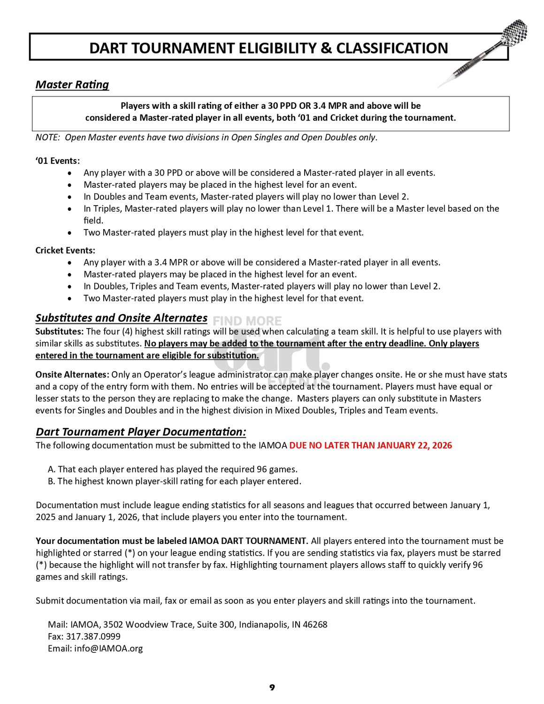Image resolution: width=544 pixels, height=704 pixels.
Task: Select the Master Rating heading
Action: point(72,84)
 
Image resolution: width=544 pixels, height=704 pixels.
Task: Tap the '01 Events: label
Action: point(57,161)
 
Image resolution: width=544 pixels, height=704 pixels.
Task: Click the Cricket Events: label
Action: point(65,250)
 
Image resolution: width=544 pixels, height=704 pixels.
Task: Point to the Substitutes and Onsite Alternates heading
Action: point(121,318)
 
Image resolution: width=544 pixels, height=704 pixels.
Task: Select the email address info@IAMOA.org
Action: point(108,648)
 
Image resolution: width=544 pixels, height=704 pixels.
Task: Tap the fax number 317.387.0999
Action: point(93,636)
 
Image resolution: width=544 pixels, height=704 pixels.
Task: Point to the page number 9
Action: point(272,688)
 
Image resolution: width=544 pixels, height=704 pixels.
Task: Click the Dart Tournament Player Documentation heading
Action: point(141,432)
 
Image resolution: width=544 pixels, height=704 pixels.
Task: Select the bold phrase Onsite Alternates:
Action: point(72,375)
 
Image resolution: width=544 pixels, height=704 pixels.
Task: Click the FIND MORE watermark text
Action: point(247,321)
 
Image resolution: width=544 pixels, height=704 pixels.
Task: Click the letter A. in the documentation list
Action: point(52,469)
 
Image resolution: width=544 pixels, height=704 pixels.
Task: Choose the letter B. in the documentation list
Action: point(52,481)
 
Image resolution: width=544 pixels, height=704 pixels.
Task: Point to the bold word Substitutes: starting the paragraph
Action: point(60,331)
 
